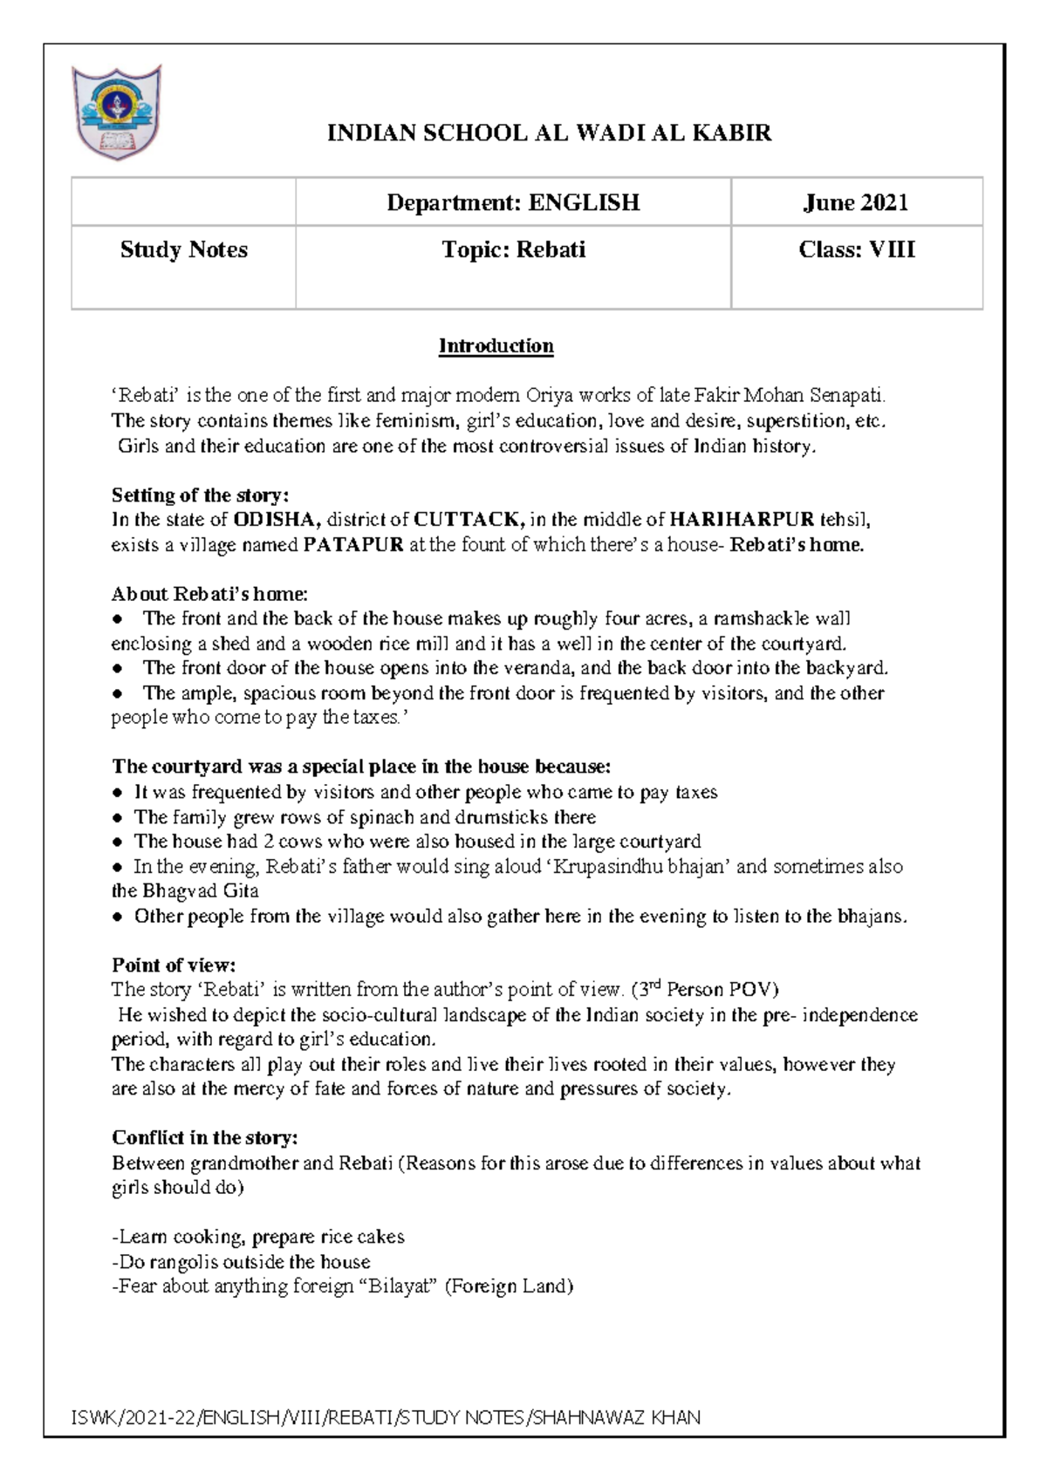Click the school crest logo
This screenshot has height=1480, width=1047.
pyautogui.click(x=117, y=112)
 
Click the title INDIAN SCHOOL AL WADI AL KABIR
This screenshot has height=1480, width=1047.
pyautogui.click(x=549, y=133)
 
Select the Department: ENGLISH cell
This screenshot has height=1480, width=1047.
pyautogui.click(x=513, y=203)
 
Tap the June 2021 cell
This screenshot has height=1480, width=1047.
pyautogui.click(x=856, y=203)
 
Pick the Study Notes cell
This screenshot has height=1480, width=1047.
pyautogui.click(x=183, y=250)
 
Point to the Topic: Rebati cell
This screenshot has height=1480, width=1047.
pyautogui.click(x=513, y=250)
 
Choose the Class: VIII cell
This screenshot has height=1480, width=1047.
pyautogui.click(x=856, y=250)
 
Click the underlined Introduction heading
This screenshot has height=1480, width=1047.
pyautogui.click(x=496, y=346)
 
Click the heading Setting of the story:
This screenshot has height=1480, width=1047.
pyautogui.click(x=200, y=495)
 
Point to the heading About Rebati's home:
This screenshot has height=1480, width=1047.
pyautogui.click(x=209, y=595)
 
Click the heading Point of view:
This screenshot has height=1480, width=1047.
pyautogui.click(x=174, y=965)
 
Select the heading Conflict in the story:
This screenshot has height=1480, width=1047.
pyautogui.click(x=205, y=1138)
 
